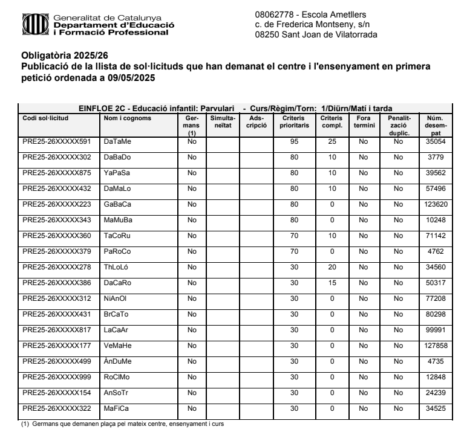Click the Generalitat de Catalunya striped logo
point(32,25)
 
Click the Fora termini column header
point(363,121)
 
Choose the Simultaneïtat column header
point(222,121)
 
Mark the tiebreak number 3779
point(436,157)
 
